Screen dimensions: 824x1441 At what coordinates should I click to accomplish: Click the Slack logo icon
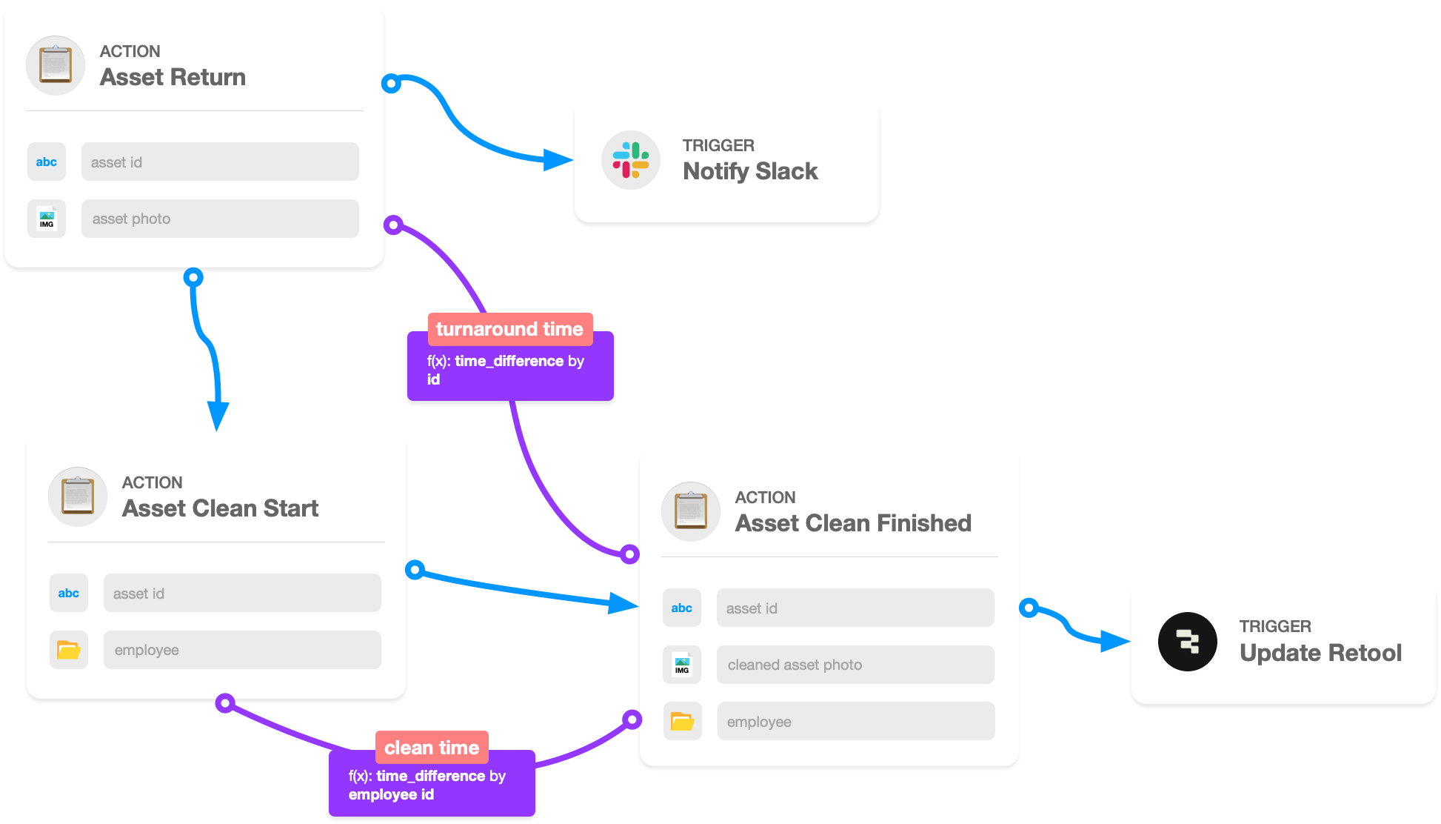click(x=630, y=160)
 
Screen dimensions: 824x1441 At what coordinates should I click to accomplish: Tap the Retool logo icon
click(x=1188, y=642)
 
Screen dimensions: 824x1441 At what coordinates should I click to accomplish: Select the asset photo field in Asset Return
click(x=220, y=219)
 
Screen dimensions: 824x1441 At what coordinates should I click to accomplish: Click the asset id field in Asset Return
click(x=220, y=162)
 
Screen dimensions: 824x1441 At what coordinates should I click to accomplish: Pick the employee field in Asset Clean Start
click(x=242, y=650)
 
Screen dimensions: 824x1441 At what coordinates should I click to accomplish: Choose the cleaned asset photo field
click(x=855, y=665)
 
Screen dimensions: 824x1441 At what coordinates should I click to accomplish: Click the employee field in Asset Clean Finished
click(x=855, y=721)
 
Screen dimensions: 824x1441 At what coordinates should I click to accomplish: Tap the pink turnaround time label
click(x=509, y=329)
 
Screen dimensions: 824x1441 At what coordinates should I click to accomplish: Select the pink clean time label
click(x=432, y=748)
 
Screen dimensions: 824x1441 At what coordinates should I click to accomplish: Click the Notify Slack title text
click(x=750, y=171)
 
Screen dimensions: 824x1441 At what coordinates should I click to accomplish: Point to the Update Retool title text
click(x=1320, y=653)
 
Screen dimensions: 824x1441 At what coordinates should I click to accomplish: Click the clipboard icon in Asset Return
click(x=56, y=65)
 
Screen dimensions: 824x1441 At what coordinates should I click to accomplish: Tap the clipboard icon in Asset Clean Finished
click(x=690, y=511)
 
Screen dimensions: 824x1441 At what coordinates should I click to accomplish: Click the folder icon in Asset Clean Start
click(x=69, y=650)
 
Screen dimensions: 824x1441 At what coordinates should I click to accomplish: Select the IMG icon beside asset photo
click(x=47, y=219)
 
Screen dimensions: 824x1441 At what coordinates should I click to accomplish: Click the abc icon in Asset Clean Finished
click(x=681, y=608)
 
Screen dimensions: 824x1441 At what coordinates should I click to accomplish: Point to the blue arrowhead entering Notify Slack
click(x=558, y=159)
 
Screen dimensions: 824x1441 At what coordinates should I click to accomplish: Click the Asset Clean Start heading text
click(x=220, y=508)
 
